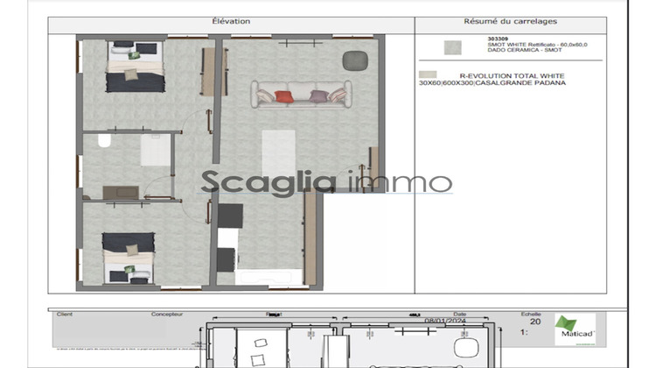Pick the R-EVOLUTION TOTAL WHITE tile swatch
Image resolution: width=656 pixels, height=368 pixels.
(x=427, y=76)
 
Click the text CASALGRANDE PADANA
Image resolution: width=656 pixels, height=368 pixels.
(x=530, y=83)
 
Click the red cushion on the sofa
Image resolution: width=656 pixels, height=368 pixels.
(x=283, y=96)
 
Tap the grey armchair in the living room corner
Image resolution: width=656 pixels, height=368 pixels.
(x=353, y=60)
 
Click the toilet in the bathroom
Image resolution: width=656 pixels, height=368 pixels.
(x=104, y=141)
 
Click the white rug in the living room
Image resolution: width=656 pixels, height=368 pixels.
(x=279, y=152)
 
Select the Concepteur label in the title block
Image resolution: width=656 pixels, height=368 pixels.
(x=165, y=313)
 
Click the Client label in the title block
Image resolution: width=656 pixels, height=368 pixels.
(x=64, y=313)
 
